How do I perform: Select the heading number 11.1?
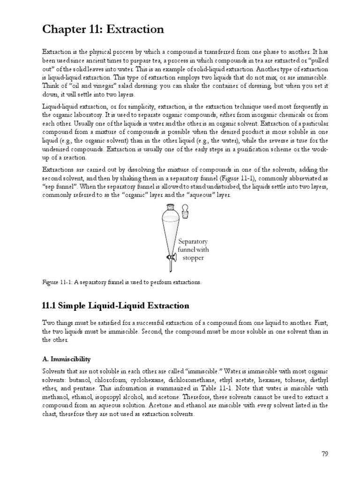tap(50, 306)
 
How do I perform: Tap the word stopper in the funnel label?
tap(193, 257)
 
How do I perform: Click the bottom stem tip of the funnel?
tap(169, 270)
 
